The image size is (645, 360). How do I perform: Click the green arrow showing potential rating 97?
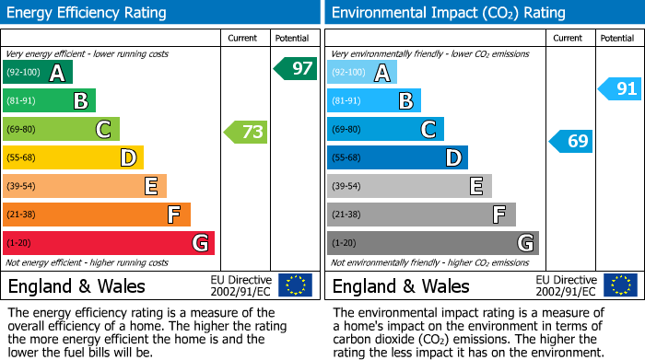295,68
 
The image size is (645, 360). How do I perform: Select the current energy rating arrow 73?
246,132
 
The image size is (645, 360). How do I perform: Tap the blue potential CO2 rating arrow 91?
619,89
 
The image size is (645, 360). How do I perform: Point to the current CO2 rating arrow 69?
570,141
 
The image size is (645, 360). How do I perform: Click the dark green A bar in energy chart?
38,73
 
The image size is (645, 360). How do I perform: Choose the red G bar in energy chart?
109,243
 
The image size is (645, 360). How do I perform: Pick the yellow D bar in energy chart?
74,157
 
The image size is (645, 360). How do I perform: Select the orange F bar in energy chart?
97,215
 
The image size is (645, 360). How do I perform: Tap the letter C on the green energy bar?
103,130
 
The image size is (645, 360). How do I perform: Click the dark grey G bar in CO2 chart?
432,243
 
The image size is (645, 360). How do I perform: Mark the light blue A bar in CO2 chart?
362,73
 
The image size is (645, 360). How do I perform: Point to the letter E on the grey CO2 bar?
475,187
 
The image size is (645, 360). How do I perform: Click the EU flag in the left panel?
295,285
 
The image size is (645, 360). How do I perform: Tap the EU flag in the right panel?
619,285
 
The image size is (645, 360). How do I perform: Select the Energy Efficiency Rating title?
88,13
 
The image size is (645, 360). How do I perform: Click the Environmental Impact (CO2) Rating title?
448,13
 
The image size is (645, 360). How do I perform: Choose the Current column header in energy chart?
244,38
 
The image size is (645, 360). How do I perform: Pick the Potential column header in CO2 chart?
616,38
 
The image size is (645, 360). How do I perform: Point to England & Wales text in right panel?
401,286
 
